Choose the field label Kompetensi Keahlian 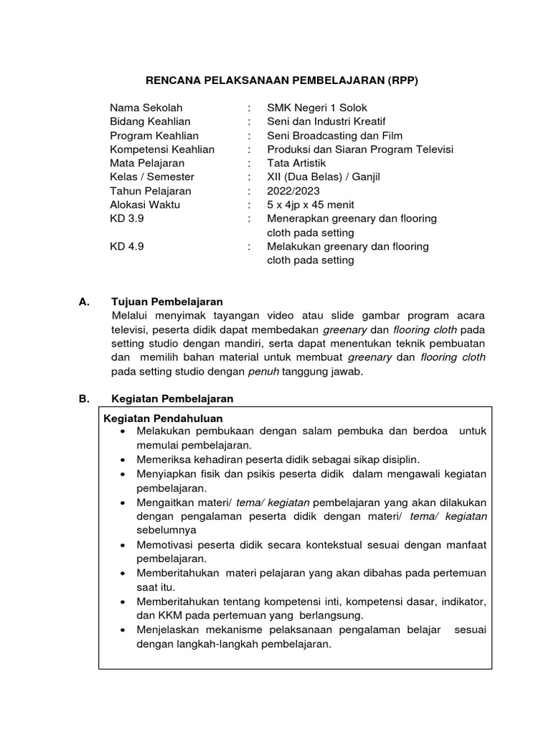click(162, 149)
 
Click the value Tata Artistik click(296, 163)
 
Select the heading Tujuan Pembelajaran click(167, 301)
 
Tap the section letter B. click(83, 398)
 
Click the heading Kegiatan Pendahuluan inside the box click(164, 418)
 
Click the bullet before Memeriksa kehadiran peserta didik click(125, 459)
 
